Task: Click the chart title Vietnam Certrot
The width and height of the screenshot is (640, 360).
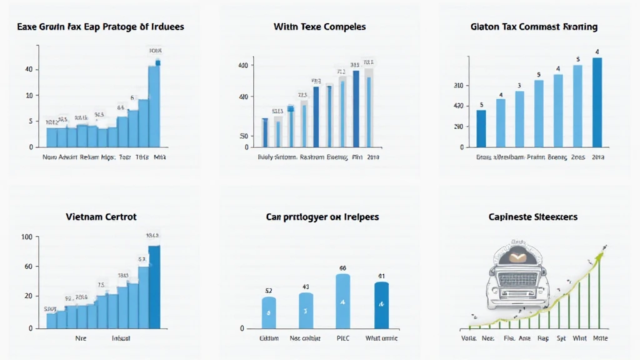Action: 101,217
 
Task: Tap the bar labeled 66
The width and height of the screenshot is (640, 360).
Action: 342,301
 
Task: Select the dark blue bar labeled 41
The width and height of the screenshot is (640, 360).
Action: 381,305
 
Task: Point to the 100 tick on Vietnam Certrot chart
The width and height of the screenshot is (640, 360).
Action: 27,237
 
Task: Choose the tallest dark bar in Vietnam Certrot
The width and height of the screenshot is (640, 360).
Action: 154,286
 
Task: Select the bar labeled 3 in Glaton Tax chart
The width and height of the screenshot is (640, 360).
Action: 519,119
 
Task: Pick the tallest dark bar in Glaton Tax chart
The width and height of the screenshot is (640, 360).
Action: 597,102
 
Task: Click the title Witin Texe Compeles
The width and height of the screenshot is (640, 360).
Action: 319,27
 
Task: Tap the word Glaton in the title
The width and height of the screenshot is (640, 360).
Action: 486,27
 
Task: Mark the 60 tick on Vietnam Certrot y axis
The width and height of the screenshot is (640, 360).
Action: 28,266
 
